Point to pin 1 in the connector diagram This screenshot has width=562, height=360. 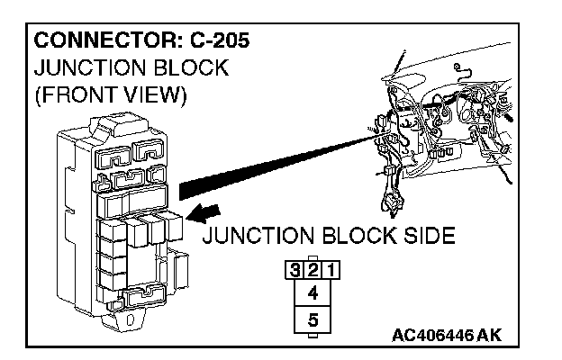(x=331, y=269)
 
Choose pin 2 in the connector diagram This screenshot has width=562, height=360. (x=313, y=269)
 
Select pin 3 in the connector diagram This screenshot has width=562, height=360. (x=295, y=269)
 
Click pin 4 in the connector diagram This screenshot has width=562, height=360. (x=313, y=292)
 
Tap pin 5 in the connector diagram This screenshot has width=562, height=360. (x=313, y=319)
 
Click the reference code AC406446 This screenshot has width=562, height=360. (x=432, y=336)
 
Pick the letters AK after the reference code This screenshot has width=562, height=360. (x=489, y=336)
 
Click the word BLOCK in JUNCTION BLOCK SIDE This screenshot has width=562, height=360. (x=352, y=238)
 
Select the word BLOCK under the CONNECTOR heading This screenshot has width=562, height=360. (x=191, y=68)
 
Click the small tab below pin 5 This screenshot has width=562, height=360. (x=313, y=336)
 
